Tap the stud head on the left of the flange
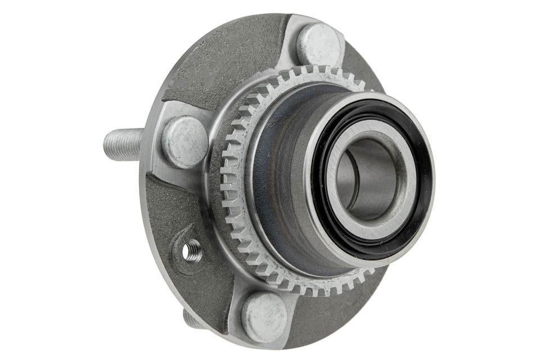[x=184, y=142]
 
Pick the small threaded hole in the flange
[x=192, y=250]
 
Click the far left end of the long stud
[x=107, y=145]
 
